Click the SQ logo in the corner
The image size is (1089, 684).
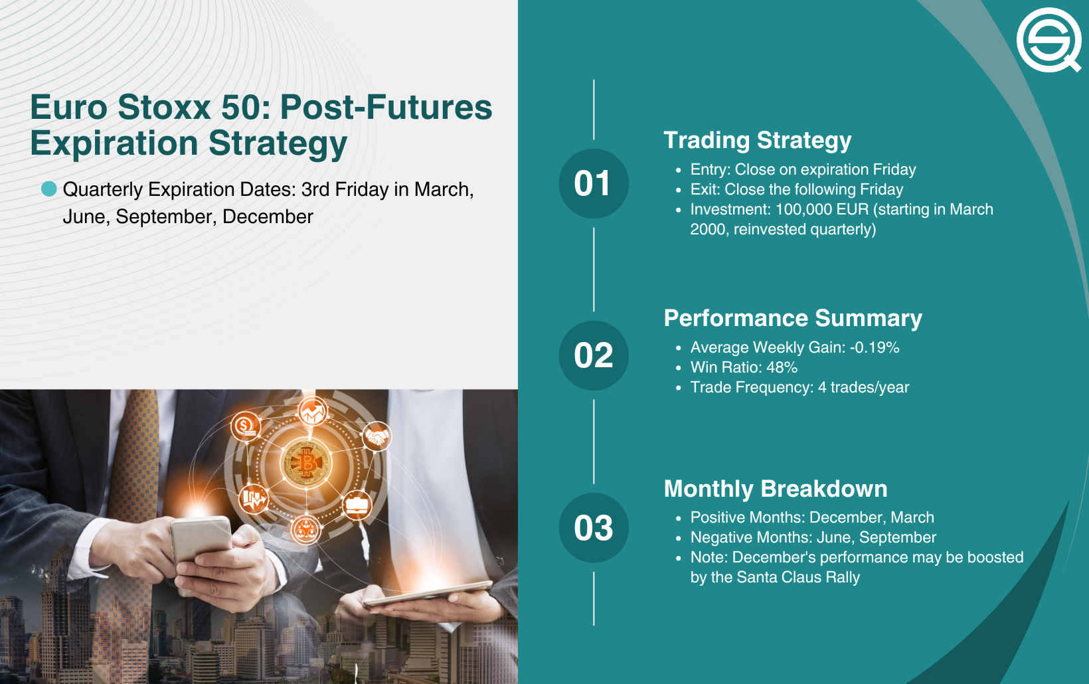click(1048, 40)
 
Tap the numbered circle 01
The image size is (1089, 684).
click(594, 184)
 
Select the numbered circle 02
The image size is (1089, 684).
click(594, 355)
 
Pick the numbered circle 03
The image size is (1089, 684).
click(594, 527)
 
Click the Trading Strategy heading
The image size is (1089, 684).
click(758, 141)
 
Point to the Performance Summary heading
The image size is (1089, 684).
click(793, 318)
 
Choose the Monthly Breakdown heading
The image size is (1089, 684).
click(776, 489)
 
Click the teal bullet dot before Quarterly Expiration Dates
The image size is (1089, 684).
click(48, 189)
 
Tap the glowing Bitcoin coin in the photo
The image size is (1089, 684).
click(306, 464)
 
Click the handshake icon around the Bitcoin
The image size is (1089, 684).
click(377, 436)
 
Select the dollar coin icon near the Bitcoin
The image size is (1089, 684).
click(246, 426)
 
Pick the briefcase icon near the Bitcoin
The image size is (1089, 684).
click(357, 505)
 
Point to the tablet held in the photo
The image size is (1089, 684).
click(428, 593)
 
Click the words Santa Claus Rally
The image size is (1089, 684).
click(798, 577)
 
